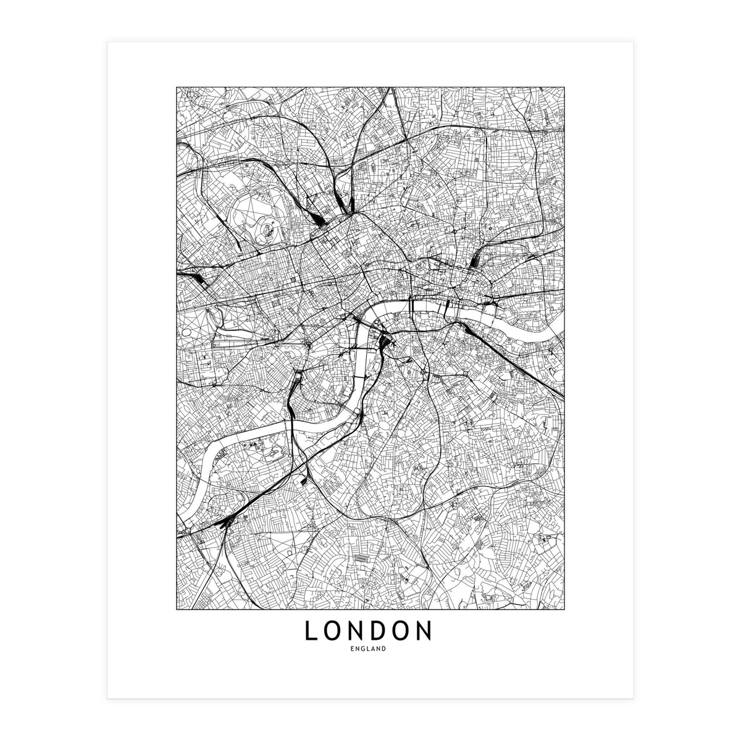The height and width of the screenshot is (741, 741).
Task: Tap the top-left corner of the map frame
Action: (177, 87)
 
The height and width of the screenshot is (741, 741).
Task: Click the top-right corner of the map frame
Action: (564, 87)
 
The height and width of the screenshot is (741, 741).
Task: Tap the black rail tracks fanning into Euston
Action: (316, 217)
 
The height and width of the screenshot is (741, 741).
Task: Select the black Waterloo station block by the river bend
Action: (386, 340)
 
